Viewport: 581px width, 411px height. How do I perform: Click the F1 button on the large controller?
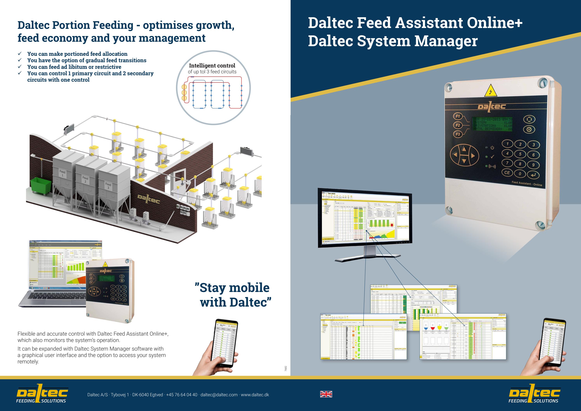pyautogui.click(x=457, y=116)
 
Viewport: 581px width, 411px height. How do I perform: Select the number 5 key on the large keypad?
pyautogui.click(x=520, y=154)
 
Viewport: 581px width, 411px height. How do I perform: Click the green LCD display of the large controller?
pyautogui.click(x=492, y=124)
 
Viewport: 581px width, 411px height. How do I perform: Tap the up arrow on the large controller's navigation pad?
pyautogui.click(x=464, y=149)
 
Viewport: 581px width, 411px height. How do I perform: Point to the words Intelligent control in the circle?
pyautogui.click(x=212, y=66)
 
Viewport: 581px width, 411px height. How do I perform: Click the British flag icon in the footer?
pyautogui.click(x=326, y=394)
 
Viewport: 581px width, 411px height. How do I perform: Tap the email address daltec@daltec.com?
pyautogui.click(x=219, y=395)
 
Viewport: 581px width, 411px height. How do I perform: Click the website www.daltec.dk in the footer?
pyautogui.click(x=255, y=395)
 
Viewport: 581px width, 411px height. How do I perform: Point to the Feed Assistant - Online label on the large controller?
pyautogui.click(x=527, y=184)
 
